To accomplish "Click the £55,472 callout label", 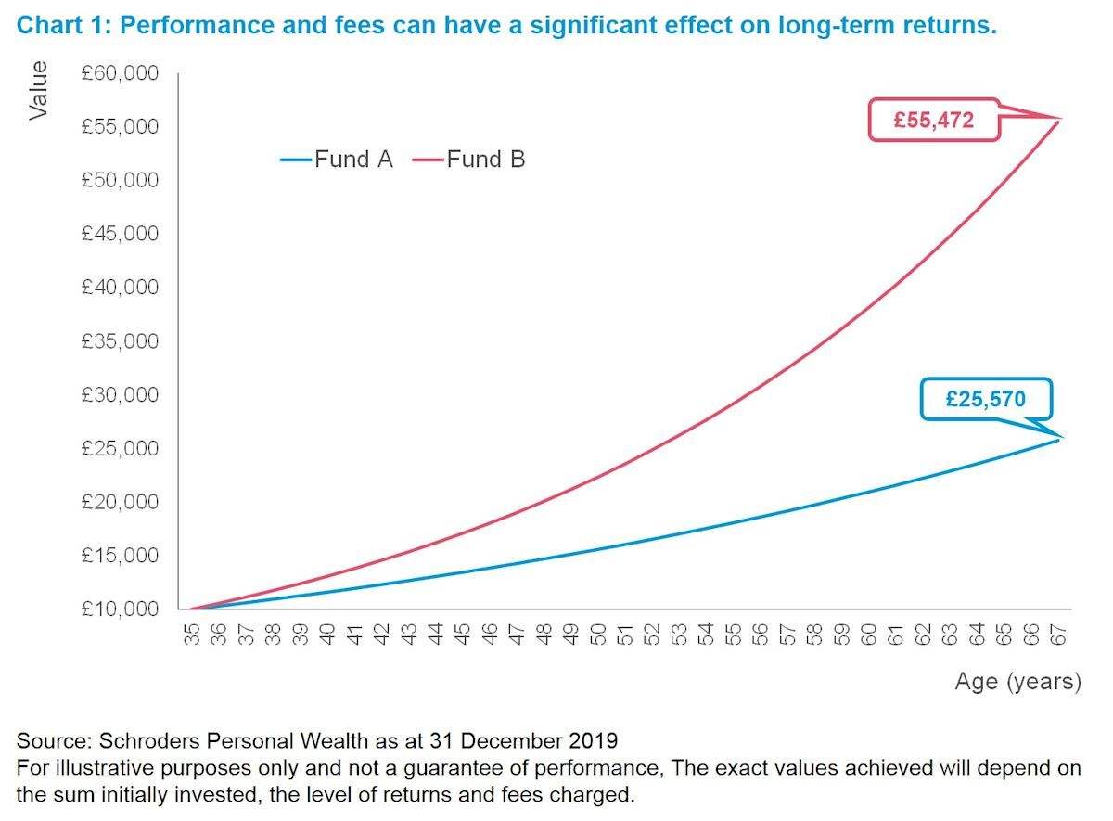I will point(933,120).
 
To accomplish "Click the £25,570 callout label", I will point(985,399).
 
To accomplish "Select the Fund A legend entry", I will point(338,160).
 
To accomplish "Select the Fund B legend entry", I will point(470,160).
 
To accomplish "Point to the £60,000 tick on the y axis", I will point(120,73).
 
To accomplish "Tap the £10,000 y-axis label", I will point(120,609).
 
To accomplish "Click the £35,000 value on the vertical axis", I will point(120,340).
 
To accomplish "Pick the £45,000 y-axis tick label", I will point(120,234).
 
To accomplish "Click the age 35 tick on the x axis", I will point(192,634).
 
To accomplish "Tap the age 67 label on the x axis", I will point(1058,634).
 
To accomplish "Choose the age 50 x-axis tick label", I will point(598,634).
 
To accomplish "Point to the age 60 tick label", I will point(869,634).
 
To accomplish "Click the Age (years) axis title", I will point(1017,682).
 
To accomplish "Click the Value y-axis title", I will point(38,91).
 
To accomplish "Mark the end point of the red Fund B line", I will point(1058,119).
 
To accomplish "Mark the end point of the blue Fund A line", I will point(1058,439).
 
